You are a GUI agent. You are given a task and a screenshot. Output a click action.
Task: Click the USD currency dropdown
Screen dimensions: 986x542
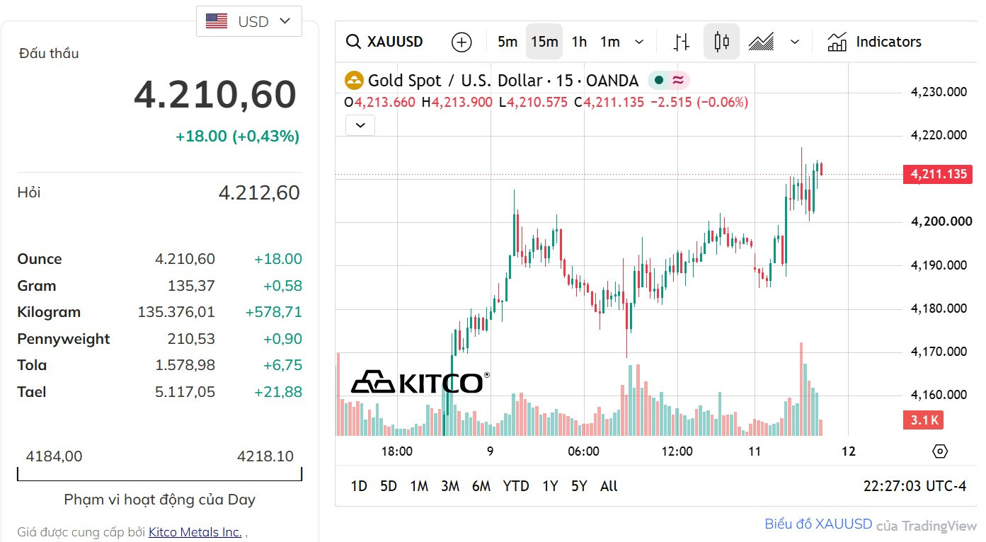click(249, 21)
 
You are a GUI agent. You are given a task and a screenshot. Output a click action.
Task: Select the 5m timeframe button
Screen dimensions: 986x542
click(507, 42)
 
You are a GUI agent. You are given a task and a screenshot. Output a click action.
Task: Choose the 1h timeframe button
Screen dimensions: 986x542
click(579, 42)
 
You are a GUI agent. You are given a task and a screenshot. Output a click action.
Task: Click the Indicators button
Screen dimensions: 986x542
click(875, 42)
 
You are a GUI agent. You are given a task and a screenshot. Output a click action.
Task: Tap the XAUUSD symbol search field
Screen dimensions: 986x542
click(385, 42)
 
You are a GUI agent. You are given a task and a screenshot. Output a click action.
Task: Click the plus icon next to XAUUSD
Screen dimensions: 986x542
click(462, 42)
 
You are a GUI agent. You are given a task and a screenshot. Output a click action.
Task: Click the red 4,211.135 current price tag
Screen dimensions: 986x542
click(938, 174)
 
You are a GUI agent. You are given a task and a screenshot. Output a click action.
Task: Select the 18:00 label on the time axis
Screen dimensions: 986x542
click(397, 451)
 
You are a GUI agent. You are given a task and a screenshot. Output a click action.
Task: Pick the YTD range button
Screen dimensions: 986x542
click(516, 486)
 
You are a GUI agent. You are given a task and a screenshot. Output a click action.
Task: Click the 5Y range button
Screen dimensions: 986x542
click(579, 486)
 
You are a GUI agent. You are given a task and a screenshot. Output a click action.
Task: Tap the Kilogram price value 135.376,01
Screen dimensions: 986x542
click(176, 312)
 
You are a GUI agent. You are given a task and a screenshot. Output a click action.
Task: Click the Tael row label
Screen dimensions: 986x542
click(32, 391)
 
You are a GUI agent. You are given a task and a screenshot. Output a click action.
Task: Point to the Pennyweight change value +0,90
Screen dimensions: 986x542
click(282, 339)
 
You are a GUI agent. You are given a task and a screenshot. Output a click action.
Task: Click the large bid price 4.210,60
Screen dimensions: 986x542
click(215, 95)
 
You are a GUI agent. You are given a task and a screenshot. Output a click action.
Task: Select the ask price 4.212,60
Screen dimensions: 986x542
click(259, 192)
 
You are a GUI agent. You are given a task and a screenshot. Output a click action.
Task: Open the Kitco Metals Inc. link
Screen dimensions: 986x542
click(195, 532)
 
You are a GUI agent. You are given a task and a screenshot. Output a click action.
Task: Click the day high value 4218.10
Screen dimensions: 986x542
click(265, 456)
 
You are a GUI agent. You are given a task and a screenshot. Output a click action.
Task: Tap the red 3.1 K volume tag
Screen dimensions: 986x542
click(923, 420)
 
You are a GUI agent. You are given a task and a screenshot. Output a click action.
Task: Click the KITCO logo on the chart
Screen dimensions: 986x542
click(420, 382)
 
